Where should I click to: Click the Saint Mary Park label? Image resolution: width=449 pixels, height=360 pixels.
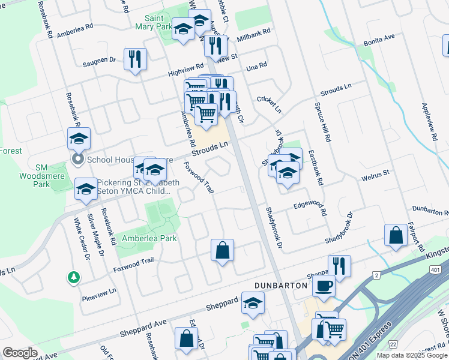[158, 22]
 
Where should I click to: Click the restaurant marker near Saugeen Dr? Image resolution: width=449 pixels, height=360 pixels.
[135, 59]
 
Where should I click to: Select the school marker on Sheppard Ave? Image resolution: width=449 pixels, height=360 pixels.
[253, 303]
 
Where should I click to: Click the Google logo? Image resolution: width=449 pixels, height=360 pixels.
[20, 353]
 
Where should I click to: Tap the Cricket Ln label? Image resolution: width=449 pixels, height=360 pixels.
[269, 104]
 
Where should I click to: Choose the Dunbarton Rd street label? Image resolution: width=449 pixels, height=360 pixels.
[429, 209]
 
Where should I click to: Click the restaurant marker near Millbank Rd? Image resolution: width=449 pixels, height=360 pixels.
[215, 46]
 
